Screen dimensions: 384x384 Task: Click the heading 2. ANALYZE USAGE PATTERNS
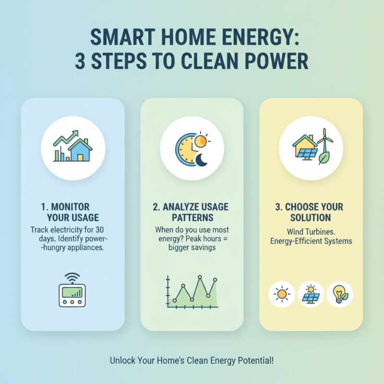(x=192, y=213)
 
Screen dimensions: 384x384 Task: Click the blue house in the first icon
(x=80, y=151)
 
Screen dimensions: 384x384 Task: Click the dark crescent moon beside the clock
(x=202, y=160)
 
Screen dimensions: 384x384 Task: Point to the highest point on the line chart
(x=200, y=277)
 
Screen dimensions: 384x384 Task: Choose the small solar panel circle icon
(x=311, y=294)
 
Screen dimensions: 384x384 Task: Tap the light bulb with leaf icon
(x=340, y=293)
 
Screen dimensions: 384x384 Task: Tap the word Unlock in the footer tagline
(x=122, y=360)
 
